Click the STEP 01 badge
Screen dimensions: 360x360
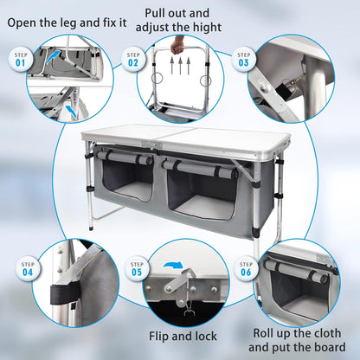click(x=20, y=60)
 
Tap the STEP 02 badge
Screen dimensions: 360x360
click(x=133, y=60)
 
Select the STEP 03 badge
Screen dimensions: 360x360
click(x=243, y=60)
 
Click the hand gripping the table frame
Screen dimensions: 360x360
click(x=178, y=44)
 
